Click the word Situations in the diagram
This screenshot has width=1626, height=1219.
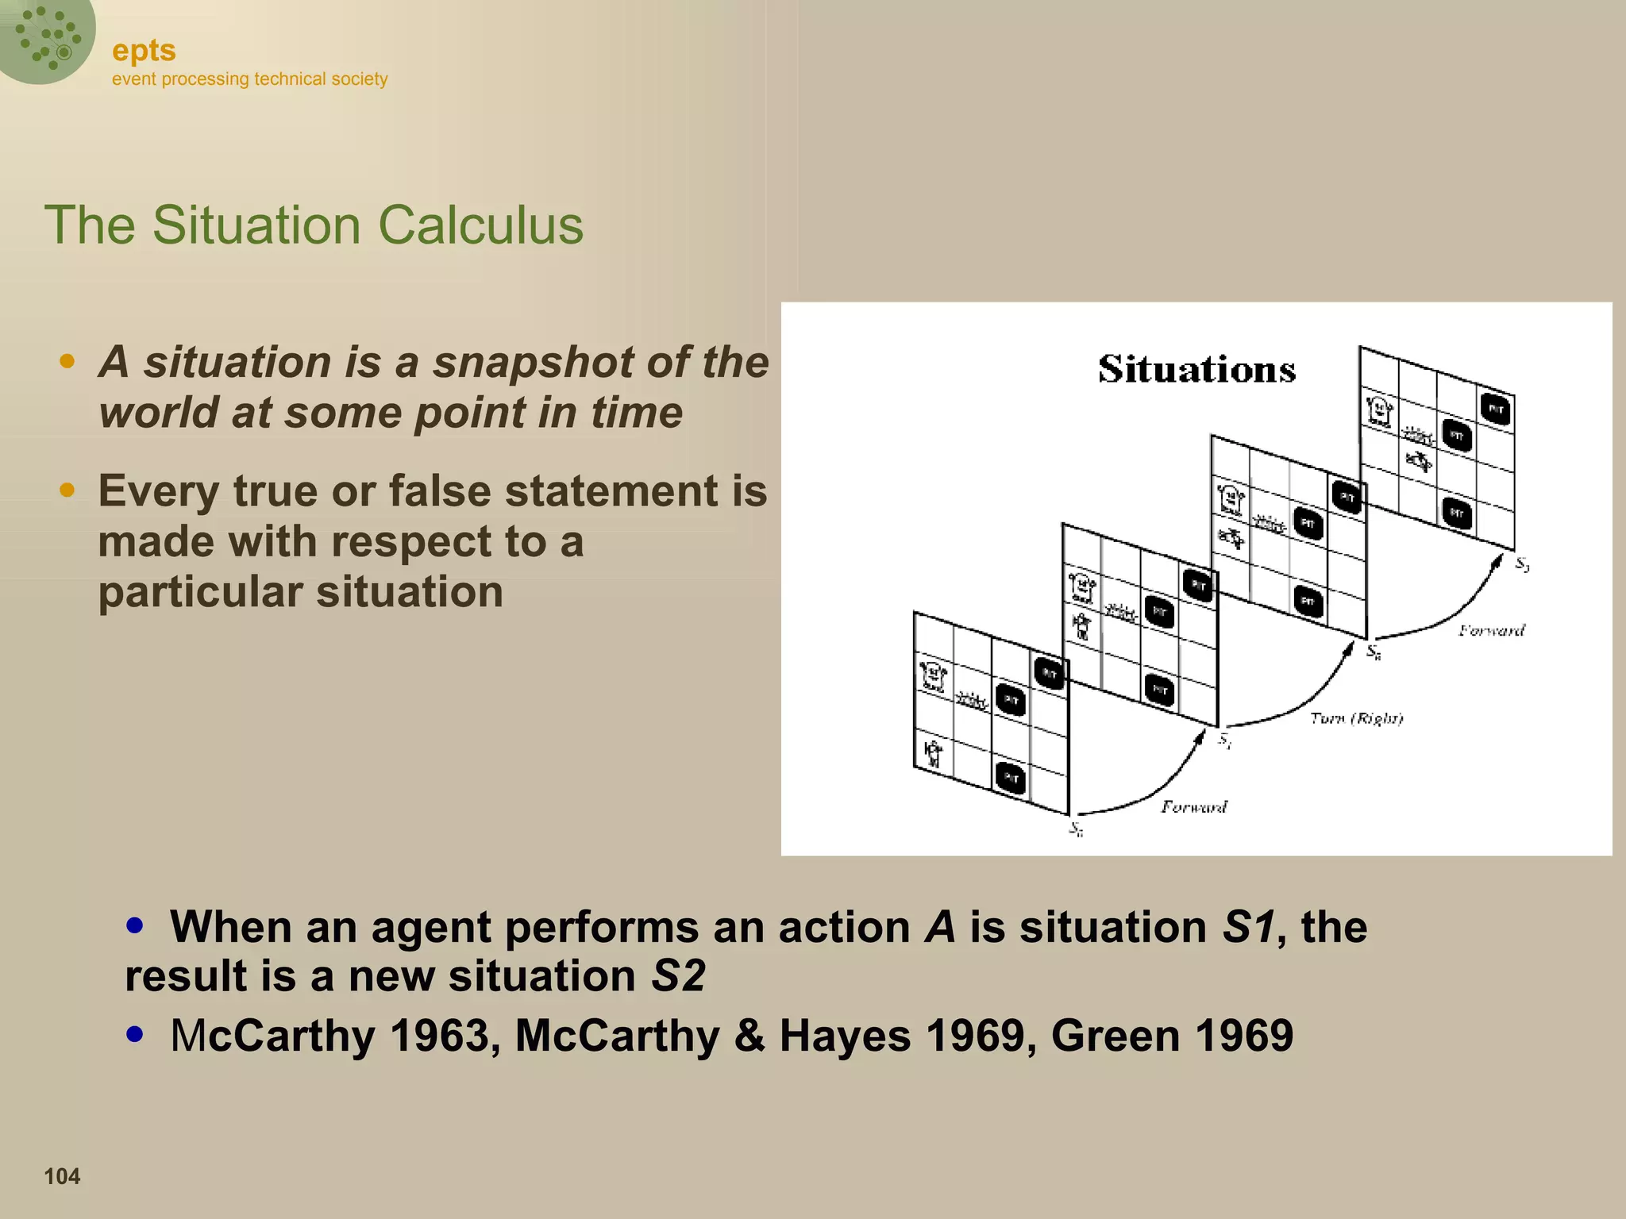click(1196, 370)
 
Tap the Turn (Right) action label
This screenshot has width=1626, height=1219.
click(1356, 718)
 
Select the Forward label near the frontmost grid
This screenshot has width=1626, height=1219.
click(1193, 807)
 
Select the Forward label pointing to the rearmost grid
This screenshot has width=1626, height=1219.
click(1491, 630)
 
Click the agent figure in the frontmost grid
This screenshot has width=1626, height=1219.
click(933, 752)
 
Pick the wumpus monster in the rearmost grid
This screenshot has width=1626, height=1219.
click(1379, 410)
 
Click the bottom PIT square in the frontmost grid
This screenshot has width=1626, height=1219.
click(1011, 778)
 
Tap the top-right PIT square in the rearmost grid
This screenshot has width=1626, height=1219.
click(1496, 410)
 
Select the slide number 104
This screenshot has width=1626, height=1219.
click(62, 1176)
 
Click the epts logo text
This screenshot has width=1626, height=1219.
click(144, 50)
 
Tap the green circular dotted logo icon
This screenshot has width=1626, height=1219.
click(46, 37)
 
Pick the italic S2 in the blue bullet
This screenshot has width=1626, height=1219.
click(677, 975)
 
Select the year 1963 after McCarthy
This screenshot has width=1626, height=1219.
click(439, 1036)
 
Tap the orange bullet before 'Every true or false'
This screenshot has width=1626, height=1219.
click(67, 490)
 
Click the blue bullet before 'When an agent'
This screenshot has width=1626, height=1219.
click(135, 925)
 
